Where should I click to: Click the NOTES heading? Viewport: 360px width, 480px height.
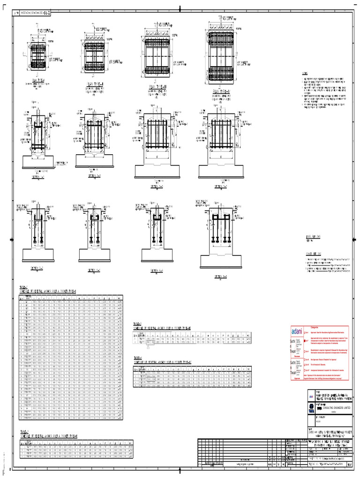(x=305, y=74)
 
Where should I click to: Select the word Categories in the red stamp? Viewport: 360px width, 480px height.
(x=315, y=327)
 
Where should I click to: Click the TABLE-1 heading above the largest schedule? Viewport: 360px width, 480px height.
(x=24, y=287)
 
